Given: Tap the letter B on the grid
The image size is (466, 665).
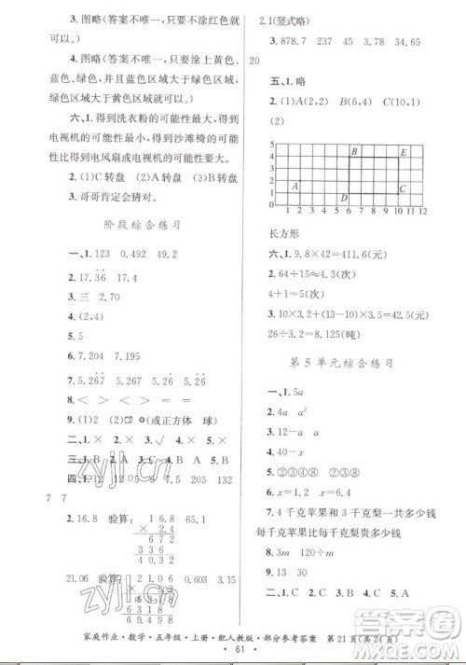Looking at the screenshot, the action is [355, 151].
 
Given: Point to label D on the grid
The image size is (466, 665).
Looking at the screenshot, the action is [343, 198].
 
